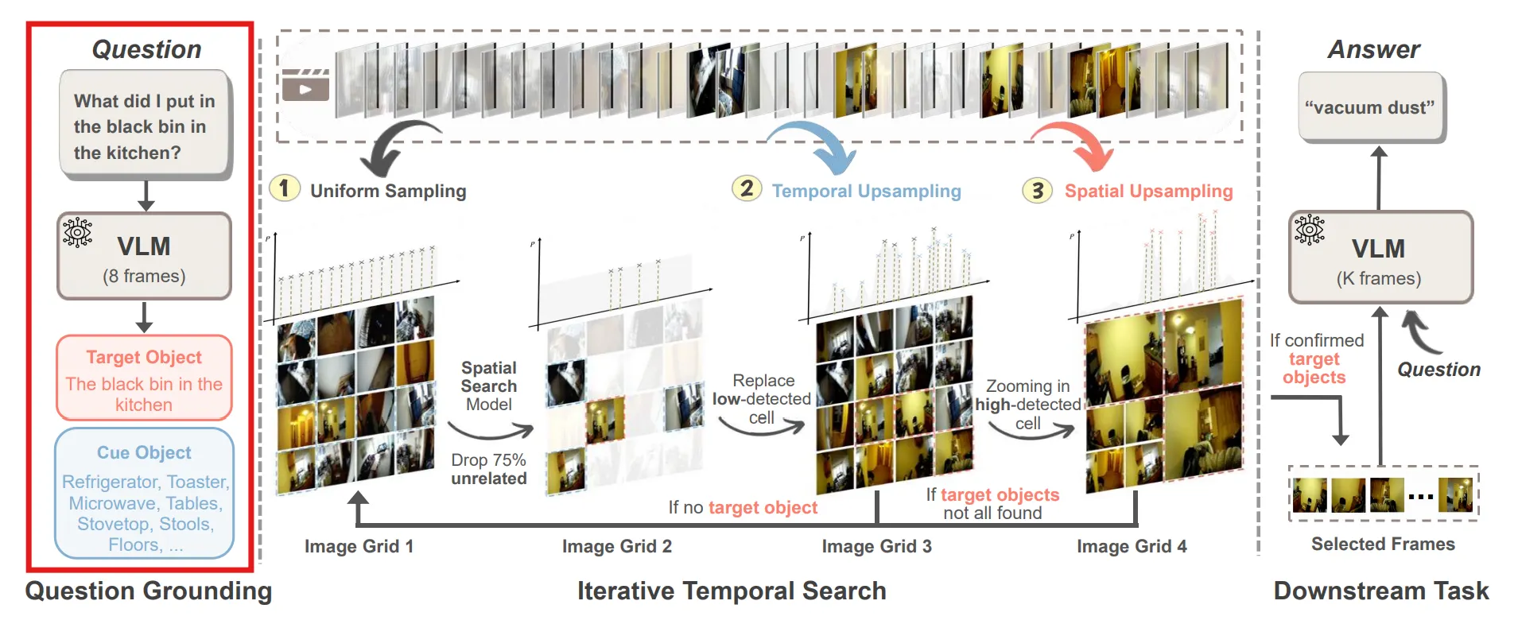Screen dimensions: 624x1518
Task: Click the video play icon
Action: [305, 86]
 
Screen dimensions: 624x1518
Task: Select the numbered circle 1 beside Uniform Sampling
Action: [284, 188]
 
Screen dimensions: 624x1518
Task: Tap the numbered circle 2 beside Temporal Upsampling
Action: [747, 188]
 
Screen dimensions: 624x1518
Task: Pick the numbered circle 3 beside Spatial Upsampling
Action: [1037, 190]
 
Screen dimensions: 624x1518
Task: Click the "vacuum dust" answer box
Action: [1371, 107]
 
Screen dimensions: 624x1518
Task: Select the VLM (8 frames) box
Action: [144, 256]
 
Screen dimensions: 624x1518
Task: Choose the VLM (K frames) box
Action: [1380, 258]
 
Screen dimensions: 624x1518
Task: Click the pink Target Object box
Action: [144, 378]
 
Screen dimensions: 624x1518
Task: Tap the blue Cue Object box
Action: [144, 494]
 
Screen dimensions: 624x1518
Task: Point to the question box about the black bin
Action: [144, 125]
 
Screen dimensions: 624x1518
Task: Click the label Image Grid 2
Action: [616, 546]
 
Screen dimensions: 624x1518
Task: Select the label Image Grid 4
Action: [1132, 546]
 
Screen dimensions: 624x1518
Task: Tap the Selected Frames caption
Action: [1383, 544]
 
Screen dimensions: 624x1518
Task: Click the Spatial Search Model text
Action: [489, 386]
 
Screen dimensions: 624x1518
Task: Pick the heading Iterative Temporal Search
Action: [731, 591]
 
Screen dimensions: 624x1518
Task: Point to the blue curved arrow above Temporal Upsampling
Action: [819, 144]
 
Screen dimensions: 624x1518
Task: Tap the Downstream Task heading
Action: [1381, 591]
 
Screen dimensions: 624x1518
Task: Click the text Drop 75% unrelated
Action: [489, 469]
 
